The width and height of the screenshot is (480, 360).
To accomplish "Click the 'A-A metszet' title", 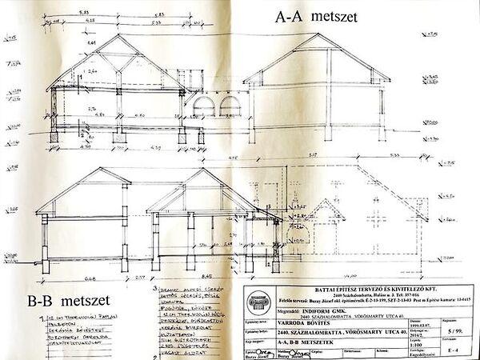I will click(316, 15).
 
